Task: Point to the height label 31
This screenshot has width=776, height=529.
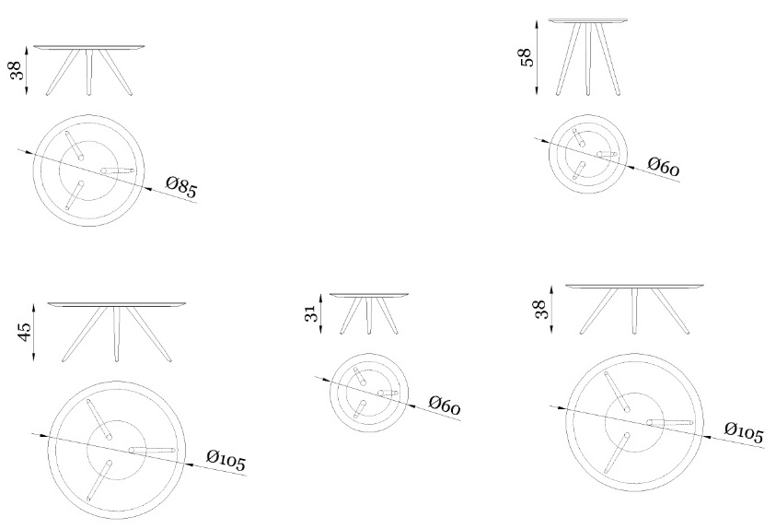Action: click(x=311, y=313)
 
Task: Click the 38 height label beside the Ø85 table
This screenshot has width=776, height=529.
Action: click(x=17, y=70)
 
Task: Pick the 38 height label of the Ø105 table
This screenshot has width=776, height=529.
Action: click(x=541, y=310)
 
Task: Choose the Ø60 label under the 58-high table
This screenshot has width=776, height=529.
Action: click(x=664, y=167)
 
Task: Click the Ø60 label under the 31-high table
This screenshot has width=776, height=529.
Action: click(x=445, y=405)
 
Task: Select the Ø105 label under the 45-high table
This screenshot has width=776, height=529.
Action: click(x=226, y=461)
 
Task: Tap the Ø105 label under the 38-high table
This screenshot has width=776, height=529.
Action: click(x=744, y=432)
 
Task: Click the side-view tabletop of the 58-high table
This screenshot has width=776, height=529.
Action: click(x=588, y=21)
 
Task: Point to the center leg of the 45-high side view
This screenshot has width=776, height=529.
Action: click(x=117, y=335)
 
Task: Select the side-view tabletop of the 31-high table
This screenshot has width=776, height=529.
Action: click(x=369, y=295)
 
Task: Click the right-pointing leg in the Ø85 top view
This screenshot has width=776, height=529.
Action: click(x=118, y=170)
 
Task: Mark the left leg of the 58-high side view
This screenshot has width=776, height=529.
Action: click(x=568, y=59)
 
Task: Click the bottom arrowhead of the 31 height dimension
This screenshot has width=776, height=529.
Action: click(x=320, y=329)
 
